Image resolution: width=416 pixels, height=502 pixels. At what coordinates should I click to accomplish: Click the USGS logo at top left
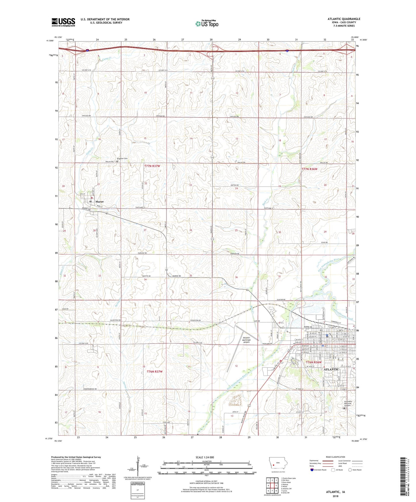tap(63, 22)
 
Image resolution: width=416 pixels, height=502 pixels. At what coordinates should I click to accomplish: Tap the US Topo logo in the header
tap(207, 24)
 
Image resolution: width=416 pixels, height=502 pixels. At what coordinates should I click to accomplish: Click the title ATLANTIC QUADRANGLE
tap(344, 19)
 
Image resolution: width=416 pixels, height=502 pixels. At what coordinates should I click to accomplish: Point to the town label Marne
tap(99, 202)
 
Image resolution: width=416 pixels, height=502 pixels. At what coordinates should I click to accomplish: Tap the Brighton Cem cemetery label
tap(122, 159)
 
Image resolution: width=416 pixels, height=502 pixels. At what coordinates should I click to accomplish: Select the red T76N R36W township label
tap(314, 363)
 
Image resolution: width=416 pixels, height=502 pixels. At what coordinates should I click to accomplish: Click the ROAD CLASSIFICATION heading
tap(335, 457)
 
